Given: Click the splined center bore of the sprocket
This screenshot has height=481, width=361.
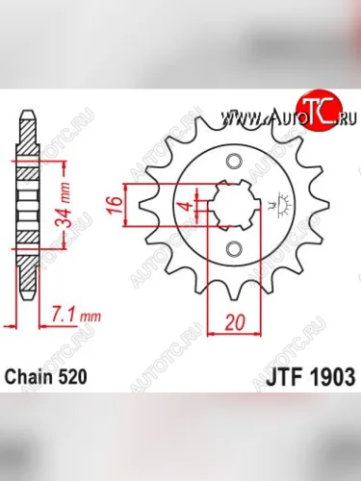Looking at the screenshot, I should [x=230, y=205].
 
